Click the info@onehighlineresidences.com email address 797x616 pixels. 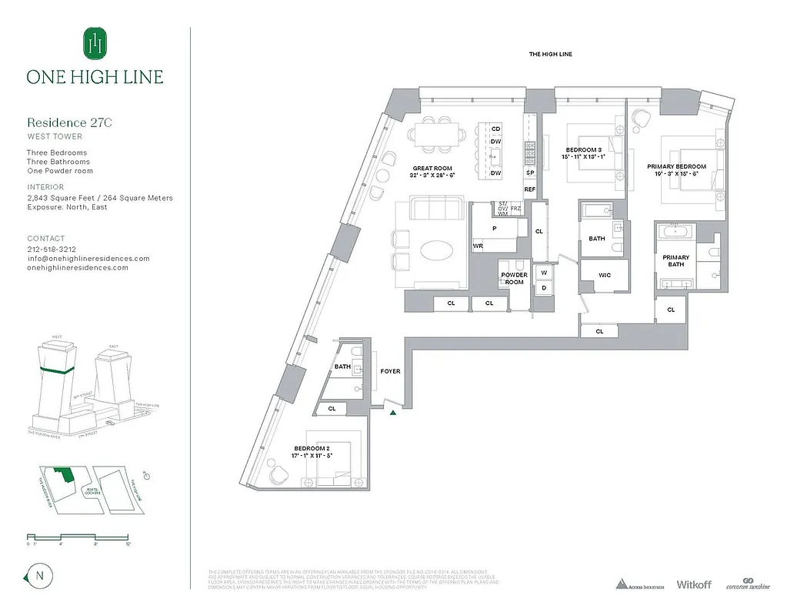tap(88, 259)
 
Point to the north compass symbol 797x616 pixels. tap(37, 574)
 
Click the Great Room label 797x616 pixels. tap(432, 168)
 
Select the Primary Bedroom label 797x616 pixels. tap(676, 166)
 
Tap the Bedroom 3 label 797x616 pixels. tap(584, 149)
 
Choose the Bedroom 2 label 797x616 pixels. tap(312, 448)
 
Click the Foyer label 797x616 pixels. tap(391, 371)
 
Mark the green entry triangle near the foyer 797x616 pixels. tap(393, 413)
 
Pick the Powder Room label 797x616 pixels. tap(514, 278)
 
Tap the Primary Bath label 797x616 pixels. tap(678, 261)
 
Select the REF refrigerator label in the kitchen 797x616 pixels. tap(530, 189)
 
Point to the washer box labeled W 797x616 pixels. tap(544, 273)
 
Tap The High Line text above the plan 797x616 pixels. tap(550, 54)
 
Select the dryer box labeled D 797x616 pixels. tap(544, 288)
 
